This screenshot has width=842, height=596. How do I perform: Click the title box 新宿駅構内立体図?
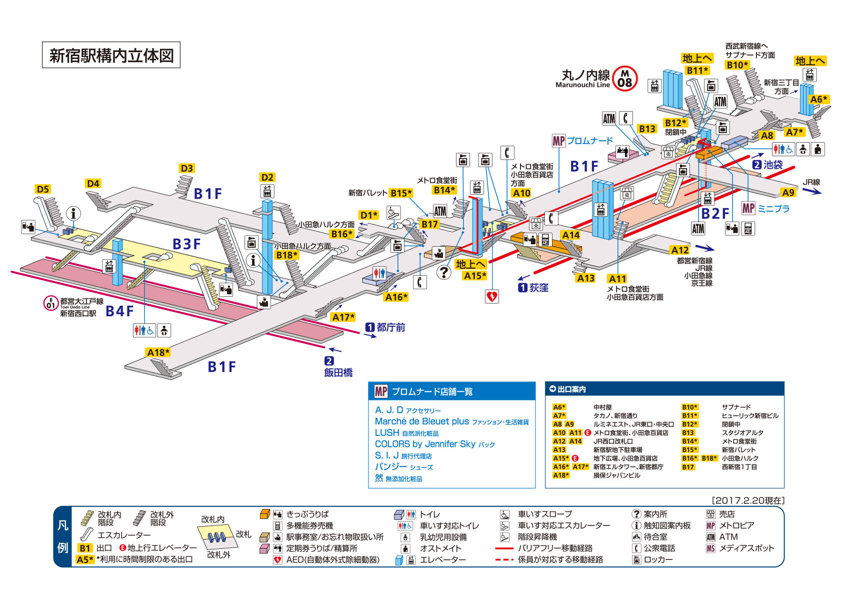click(111, 55)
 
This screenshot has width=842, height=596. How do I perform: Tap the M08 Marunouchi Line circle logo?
click(624, 79)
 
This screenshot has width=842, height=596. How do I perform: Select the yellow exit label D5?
click(43, 189)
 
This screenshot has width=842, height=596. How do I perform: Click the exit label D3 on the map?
click(187, 168)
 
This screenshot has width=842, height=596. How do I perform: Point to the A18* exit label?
click(158, 353)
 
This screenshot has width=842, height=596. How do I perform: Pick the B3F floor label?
click(186, 244)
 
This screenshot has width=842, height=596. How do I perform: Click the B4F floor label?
click(119, 311)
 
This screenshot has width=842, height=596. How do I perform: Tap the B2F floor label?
click(715, 214)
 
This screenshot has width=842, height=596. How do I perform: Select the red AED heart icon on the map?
click(492, 296)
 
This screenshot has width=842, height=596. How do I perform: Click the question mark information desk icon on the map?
click(444, 272)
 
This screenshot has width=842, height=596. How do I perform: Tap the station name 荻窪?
click(539, 288)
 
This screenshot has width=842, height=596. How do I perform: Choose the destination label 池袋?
click(773, 165)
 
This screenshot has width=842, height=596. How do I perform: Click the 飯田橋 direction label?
click(338, 372)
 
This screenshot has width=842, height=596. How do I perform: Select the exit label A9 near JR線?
click(788, 193)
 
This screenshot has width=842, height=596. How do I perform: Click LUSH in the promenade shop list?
click(387, 433)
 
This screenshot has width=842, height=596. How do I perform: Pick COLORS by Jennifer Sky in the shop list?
click(425, 444)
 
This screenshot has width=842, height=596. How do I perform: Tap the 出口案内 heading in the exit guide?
click(571, 389)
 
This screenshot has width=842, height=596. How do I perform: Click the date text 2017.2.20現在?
click(748, 500)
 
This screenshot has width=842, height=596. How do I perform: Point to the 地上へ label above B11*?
click(697, 59)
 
